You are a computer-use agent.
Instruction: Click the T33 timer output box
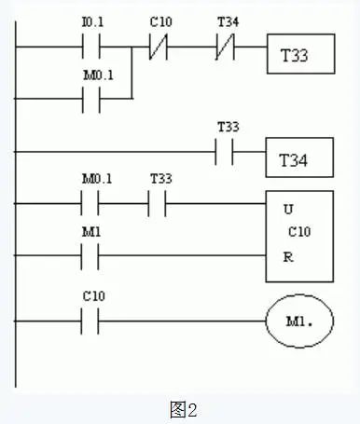click(x=300, y=56)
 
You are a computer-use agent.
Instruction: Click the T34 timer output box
click(x=299, y=160)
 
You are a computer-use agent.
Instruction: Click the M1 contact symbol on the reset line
click(x=90, y=254)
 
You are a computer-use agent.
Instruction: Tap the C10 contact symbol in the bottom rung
click(x=90, y=321)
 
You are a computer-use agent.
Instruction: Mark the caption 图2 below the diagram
click(x=181, y=407)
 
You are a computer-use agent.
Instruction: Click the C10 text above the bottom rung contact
click(x=90, y=297)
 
